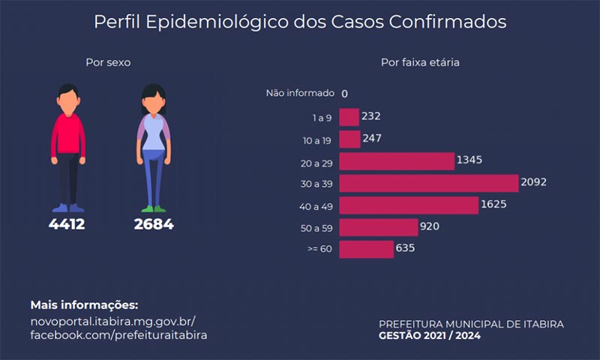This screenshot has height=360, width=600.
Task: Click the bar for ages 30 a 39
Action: [428, 183]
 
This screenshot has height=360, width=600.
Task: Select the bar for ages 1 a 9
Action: [349, 117]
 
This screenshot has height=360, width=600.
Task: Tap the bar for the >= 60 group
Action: [366, 250]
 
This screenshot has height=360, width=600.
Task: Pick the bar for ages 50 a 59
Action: [379, 227]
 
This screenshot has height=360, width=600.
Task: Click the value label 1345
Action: [469, 160]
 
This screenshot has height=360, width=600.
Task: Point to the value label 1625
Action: [493, 204]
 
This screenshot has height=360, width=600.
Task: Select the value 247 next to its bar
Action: [372, 138]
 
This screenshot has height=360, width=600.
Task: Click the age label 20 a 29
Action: [316, 163]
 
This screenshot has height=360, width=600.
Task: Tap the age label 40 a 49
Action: [316, 206]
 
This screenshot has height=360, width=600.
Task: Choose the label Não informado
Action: [300, 93]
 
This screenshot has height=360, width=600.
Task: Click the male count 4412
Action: [67, 224]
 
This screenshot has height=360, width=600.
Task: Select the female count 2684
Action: [154, 224]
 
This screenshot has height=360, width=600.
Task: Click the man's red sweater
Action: [68, 135]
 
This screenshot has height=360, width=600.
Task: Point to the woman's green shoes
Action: [154, 209]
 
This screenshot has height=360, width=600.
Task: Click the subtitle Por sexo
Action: [108, 62]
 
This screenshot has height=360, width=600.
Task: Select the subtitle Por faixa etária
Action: [420, 62]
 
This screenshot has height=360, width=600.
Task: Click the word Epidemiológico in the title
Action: [217, 22]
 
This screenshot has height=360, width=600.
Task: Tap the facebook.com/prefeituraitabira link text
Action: [118, 335]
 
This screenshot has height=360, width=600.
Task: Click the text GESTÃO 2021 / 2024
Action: [430, 335]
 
